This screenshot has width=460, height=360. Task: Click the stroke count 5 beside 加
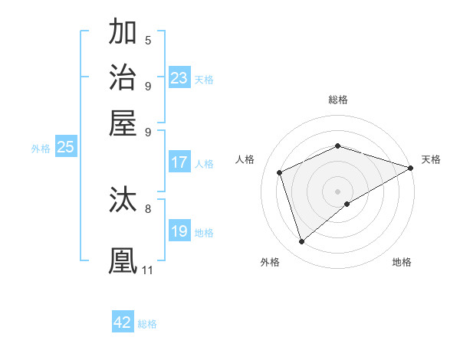tap(148, 41)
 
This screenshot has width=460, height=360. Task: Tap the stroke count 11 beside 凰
tap(147, 270)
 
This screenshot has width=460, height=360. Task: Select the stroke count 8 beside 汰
tap(148, 208)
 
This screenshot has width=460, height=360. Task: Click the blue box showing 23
tap(179, 78)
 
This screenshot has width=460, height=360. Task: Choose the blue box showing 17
tap(179, 162)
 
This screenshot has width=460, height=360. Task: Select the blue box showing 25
tap(65, 148)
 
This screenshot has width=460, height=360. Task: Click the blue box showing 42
tap(123, 322)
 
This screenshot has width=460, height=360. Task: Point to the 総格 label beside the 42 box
tap(147, 324)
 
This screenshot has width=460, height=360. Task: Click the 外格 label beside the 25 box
tap(41, 149)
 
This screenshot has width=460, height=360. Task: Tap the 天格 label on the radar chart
tap(431, 159)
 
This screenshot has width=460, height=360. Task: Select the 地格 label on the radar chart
tap(402, 262)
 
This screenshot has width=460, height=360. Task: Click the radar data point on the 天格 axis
tap(410, 168)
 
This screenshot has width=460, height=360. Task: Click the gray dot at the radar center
tap(337, 191)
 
